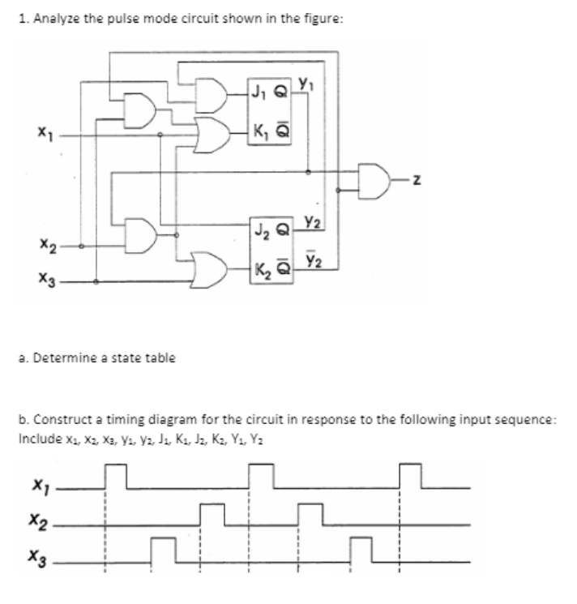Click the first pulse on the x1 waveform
(116, 476)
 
